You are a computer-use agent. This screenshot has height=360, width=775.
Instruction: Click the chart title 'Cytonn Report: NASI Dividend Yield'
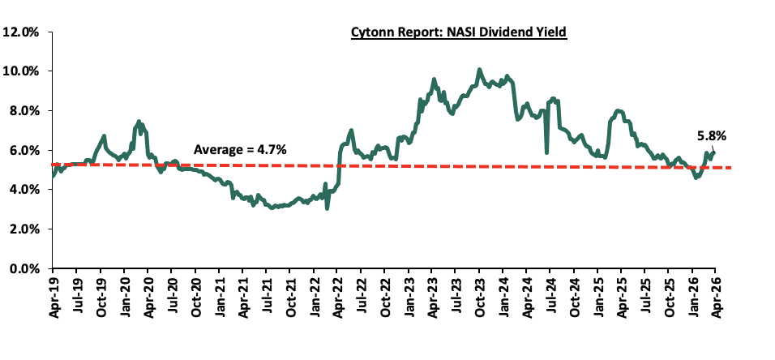(458, 33)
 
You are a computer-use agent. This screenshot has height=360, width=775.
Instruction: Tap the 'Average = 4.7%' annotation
(239, 149)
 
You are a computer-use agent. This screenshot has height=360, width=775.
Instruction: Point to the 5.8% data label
(711, 136)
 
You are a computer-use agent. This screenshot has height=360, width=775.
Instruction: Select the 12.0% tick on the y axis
(22, 32)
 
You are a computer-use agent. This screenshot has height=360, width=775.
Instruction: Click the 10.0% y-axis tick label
(22, 71)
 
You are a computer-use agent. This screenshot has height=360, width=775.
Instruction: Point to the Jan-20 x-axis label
(123, 296)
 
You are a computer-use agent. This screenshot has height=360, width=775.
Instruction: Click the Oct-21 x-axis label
(289, 296)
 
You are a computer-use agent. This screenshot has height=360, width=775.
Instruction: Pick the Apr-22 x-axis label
(336, 296)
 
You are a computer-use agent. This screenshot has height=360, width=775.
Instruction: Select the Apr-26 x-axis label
(715, 296)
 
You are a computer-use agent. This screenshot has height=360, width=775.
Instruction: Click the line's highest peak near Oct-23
(479, 70)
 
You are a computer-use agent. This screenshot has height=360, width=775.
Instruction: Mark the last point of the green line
(714, 152)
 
